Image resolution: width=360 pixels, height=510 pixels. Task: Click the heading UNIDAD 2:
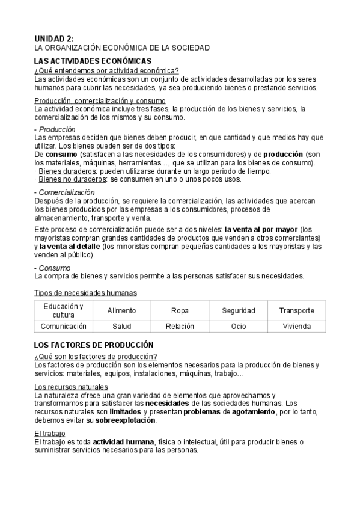[x=54, y=38]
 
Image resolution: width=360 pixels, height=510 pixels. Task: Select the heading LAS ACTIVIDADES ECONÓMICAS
[x=93, y=61]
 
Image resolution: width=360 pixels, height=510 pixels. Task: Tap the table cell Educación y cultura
[x=63, y=310]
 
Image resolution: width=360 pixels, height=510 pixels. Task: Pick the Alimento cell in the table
[x=121, y=310]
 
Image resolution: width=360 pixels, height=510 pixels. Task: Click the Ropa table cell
[x=180, y=310]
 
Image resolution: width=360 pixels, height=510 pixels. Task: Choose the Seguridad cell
[x=238, y=310]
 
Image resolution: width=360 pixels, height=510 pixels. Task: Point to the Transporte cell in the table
[x=296, y=310]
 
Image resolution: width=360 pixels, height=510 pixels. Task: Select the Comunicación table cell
[x=63, y=326]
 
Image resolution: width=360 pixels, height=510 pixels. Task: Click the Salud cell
[x=121, y=326]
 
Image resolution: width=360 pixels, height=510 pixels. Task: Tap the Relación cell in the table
[x=180, y=326]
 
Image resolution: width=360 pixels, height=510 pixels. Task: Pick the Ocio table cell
[x=238, y=326]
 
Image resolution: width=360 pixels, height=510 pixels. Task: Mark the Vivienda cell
[x=296, y=326]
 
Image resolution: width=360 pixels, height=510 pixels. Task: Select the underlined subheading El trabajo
[x=50, y=434]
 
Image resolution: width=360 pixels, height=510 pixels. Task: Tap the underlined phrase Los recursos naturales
[x=71, y=386]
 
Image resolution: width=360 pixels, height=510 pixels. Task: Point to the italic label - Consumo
[x=53, y=268]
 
